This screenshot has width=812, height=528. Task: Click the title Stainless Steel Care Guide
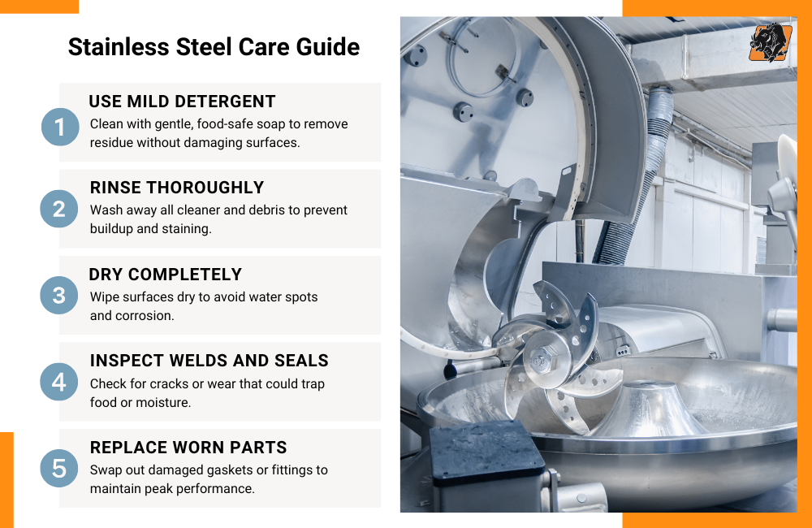pyautogui.click(x=214, y=46)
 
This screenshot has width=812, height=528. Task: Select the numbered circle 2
pyautogui.click(x=59, y=210)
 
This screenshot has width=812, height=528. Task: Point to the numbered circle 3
pyautogui.click(x=59, y=296)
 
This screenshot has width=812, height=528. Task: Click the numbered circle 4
pyautogui.click(x=59, y=382)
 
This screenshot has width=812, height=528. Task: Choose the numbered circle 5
pyautogui.click(x=59, y=468)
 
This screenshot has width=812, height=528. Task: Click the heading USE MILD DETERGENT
pyautogui.click(x=182, y=102)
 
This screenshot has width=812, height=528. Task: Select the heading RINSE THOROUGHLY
pyautogui.click(x=176, y=188)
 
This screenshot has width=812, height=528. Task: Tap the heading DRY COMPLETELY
pyautogui.click(x=166, y=275)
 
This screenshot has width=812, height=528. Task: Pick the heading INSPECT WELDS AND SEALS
pyautogui.click(x=209, y=361)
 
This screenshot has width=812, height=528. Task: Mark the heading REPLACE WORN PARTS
pyautogui.click(x=188, y=448)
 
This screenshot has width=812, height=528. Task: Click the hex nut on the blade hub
pyautogui.click(x=542, y=356)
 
